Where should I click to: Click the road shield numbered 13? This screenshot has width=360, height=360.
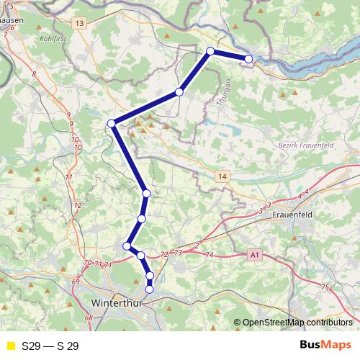point(78,24)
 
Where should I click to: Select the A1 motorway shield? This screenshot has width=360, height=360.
point(254,255)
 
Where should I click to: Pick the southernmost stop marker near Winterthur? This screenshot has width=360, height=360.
point(150,289)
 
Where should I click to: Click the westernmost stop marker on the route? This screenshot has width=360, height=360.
point(112,124)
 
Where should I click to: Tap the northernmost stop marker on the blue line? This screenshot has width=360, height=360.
point(210,50)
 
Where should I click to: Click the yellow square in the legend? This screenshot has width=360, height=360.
point(10,346)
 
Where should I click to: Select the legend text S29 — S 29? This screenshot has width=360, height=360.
point(50,346)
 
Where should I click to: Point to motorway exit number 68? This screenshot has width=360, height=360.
point(89,318)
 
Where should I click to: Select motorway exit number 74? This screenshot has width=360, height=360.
point(210,256)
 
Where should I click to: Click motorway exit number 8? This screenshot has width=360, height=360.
point(34,74)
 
